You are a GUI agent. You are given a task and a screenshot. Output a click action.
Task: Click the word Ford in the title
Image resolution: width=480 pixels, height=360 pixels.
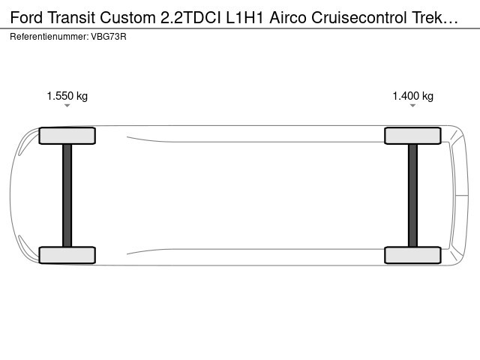(26, 17)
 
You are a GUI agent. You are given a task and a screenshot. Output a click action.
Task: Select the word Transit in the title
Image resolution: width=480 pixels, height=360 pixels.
(71, 17)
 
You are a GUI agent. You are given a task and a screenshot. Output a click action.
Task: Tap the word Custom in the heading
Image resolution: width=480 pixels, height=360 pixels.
(127, 17)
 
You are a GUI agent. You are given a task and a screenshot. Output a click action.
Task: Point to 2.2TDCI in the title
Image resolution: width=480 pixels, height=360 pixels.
(190, 17)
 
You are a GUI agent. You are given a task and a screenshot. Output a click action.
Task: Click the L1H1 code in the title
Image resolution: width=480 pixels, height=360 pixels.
(244, 17)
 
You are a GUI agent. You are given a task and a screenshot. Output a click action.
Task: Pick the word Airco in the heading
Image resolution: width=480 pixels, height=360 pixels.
(288, 17)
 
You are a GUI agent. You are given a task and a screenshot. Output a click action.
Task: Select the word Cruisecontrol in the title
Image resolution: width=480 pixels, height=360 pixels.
(359, 17)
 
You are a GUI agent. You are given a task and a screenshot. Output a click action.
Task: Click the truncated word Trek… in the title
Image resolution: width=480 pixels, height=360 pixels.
(435, 17)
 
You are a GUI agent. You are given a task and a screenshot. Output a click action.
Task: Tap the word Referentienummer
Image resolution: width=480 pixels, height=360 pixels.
(49, 37)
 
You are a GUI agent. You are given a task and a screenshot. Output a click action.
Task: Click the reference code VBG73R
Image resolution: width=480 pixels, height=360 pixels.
(109, 37)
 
